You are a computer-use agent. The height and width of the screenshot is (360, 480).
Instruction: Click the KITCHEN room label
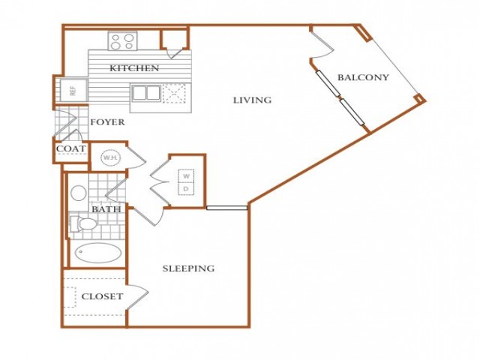[x=134, y=68]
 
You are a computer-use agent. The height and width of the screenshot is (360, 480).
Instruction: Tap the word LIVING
[x=252, y=100]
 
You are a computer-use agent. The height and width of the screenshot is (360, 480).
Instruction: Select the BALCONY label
[x=363, y=77]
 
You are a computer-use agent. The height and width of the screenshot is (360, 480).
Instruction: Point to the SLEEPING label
[x=188, y=268]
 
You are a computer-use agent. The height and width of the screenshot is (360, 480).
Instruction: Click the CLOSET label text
[x=102, y=296]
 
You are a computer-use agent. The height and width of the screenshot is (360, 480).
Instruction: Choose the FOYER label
[x=107, y=122]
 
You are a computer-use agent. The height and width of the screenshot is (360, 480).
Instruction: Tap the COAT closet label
[x=70, y=148]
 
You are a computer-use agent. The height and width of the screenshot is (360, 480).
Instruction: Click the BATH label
[x=106, y=209]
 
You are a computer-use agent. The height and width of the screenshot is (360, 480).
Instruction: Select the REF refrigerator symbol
[x=73, y=90]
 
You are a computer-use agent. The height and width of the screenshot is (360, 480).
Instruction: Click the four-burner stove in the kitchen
[x=122, y=42]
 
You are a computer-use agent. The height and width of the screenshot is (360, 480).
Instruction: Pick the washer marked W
[x=187, y=176]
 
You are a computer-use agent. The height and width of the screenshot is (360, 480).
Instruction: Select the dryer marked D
[x=186, y=190]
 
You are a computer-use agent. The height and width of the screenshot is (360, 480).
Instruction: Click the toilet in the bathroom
[x=83, y=223]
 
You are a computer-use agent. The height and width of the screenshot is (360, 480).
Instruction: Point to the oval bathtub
[x=99, y=253]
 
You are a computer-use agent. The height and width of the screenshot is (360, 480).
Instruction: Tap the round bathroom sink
[x=78, y=193]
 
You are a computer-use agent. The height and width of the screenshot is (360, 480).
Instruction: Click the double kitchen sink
[x=146, y=93]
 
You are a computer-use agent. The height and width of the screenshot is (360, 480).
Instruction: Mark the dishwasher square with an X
[x=174, y=93]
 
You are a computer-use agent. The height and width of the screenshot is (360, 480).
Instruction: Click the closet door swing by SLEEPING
[x=138, y=296]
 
